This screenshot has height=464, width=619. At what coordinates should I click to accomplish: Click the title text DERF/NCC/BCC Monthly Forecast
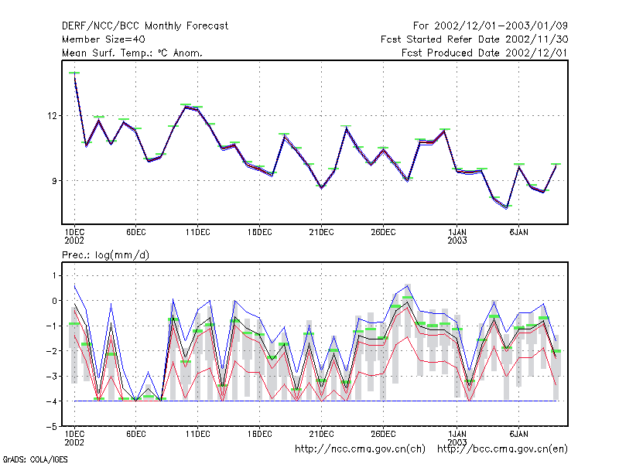[x=145, y=26]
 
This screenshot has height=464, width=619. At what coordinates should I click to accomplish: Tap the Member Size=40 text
[x=104, y=39]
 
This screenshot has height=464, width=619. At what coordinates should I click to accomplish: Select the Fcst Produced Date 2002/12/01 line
[x=484, y=53]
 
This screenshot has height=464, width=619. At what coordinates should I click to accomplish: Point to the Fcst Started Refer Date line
[x=474, y=39]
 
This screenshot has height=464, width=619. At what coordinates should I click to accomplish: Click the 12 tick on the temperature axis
[x=52, y=116]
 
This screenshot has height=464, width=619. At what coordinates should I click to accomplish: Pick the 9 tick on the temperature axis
[x=54, y=181]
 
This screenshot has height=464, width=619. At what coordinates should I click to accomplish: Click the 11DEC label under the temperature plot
[x=198, y=233]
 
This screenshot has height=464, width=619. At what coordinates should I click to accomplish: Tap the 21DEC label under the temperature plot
[x=321, y=233]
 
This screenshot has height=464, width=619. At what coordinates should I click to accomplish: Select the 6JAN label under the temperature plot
[x=518, y=233]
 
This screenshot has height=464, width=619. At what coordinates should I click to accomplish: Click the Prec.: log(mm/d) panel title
[x=105, y=255]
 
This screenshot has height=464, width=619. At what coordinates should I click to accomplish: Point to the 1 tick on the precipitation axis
[x=54, y=275]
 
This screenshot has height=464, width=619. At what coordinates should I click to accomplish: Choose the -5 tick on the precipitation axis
[x=52, y=427]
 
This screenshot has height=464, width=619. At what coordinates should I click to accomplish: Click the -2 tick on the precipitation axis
[x=52, y=351]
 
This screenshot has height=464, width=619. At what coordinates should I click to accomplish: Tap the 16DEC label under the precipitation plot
[x=259, y=434]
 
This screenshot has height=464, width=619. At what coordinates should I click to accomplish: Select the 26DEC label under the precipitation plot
[x=383, y=434]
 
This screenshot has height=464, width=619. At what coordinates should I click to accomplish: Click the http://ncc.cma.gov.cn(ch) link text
[x=360, y=449]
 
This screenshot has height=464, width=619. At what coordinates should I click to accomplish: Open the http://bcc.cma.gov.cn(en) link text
[x=502, y=449]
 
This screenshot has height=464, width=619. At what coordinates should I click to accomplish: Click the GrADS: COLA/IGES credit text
[x=36, y=459]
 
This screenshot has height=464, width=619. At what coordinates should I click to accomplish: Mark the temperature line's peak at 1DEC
[x=74, y=73]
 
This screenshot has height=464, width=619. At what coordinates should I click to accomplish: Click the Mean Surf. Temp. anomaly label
[x=132, y=53]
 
